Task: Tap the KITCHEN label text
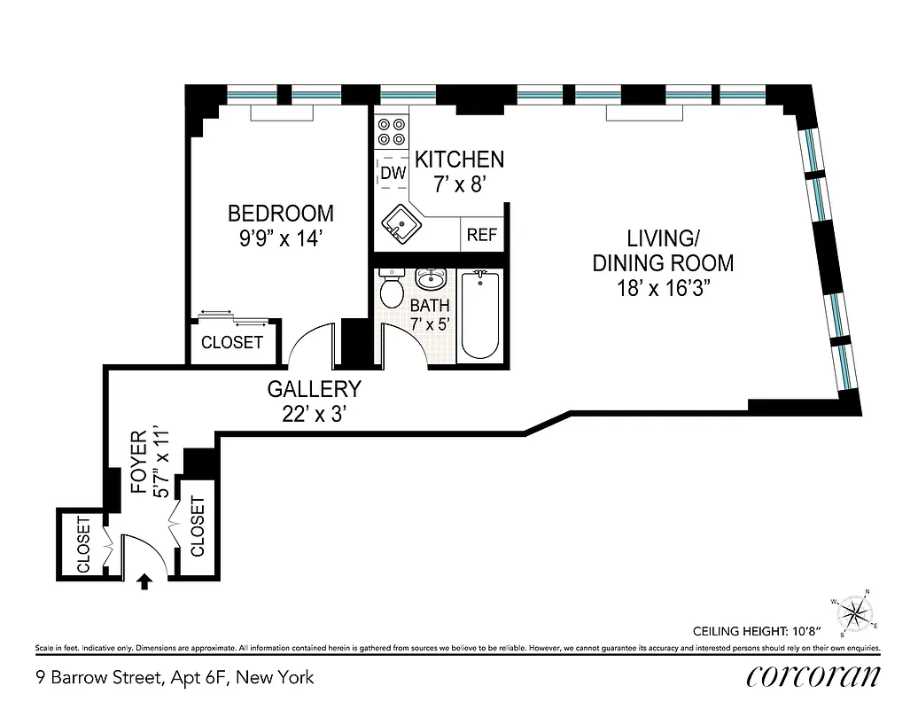click(x=459, y=160)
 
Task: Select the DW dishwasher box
click(x=393, y=174)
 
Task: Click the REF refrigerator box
click(x=481, y=235)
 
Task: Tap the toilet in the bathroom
click(x=391, y=287)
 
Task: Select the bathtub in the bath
click(x=480, y=316)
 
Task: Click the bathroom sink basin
click(x=432, y=278)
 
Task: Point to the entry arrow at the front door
click(x=144, y=581)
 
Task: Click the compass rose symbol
click(x=854, y=612)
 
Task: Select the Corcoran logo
click(x=813, y=676)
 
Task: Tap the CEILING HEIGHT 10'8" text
click(x=757, y=632)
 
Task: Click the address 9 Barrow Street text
click(x=175, y=678)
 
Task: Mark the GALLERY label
click(x=315, y=389)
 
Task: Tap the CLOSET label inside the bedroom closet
click(x=232, y=342)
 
